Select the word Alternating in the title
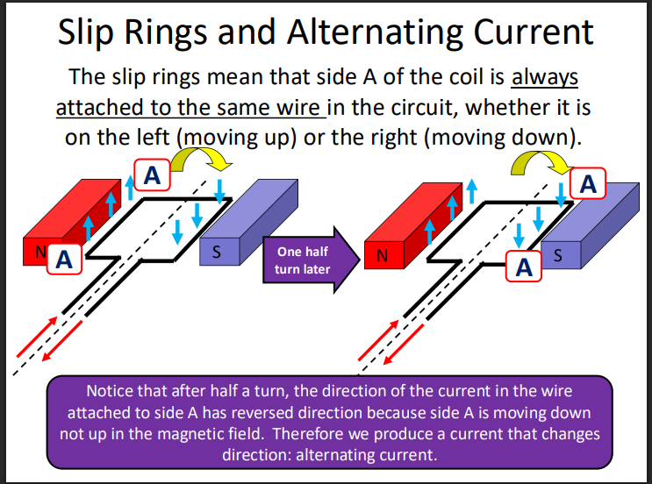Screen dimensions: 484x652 coord(397,32)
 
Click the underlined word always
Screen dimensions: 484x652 coord(545,77)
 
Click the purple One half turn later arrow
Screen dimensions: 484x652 coord(304,260)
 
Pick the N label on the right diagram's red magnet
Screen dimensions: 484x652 coord(382,257)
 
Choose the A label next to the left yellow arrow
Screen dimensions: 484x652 coord(152,175)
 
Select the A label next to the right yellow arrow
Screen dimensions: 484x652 coord(588,183)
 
